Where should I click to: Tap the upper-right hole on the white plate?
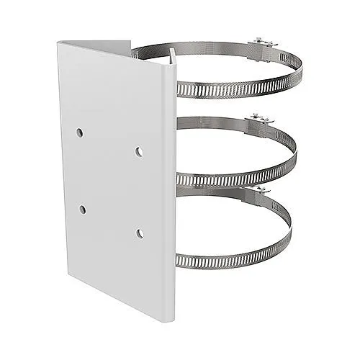(138, 150)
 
